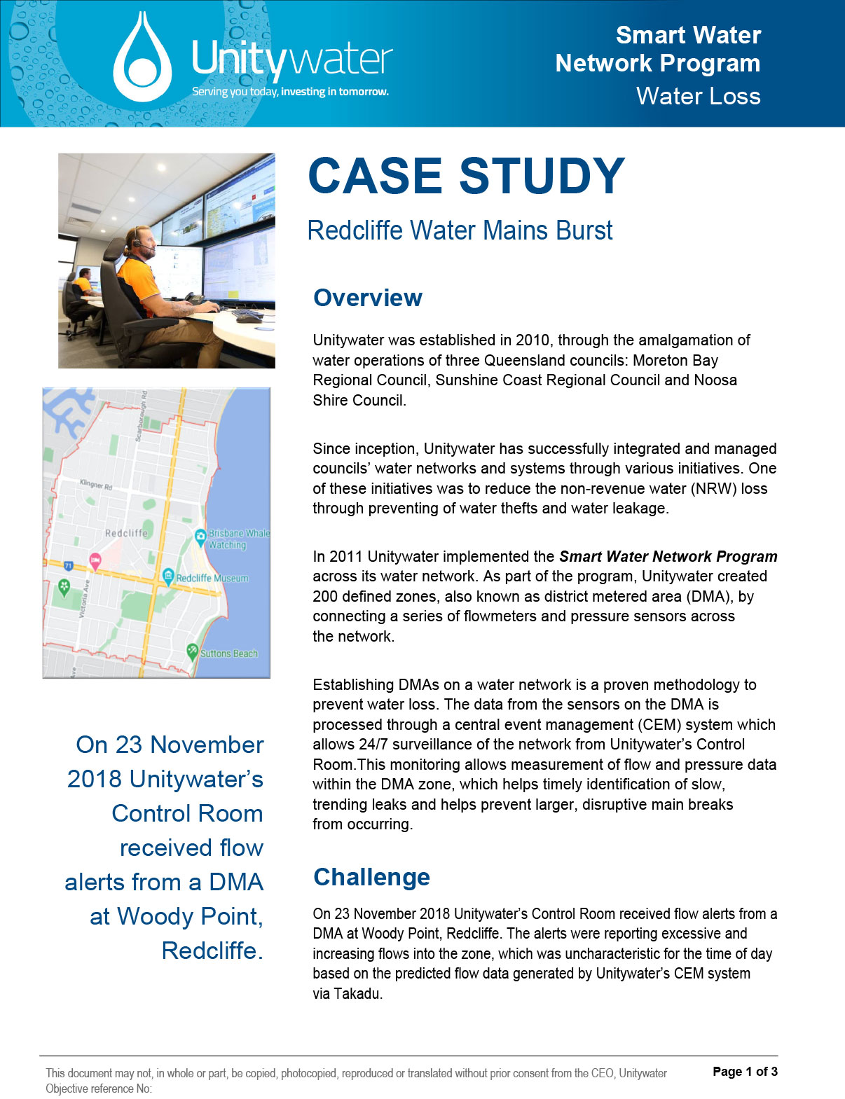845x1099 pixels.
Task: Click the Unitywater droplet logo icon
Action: click(x=142, y=59)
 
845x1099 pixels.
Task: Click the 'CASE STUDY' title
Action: click(x=466, y=175)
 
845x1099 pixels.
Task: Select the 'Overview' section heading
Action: click(x=368, y=298)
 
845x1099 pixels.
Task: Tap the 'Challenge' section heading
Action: click(x=371, y=877)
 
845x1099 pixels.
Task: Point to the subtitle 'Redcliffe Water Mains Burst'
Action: click(x=460, y=230)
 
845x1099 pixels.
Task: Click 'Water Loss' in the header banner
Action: click(x=698, y=96)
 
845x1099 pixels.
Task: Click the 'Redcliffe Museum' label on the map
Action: click(x=212, y=579)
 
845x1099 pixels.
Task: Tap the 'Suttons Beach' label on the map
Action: click(x=228, y=654)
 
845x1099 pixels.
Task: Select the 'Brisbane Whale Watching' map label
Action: click(x=237, y=539)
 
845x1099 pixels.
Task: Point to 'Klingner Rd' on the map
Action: click(x=96, y=485)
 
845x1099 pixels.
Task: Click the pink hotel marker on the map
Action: click(x=95, y=559)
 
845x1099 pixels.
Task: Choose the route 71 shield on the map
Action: click(x=69, y=565)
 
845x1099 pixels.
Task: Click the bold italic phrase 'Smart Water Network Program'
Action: click(x=668, y=557)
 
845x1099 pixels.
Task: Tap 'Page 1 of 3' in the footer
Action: click(x=745, y=1072)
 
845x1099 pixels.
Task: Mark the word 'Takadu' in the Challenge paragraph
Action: click(x=357, y=994)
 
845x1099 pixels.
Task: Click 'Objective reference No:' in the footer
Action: click(x=99, y=1088)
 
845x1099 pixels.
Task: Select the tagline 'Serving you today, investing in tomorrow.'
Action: click(x=290, y=92)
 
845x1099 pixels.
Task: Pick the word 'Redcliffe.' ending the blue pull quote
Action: click(x=212, y=951)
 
